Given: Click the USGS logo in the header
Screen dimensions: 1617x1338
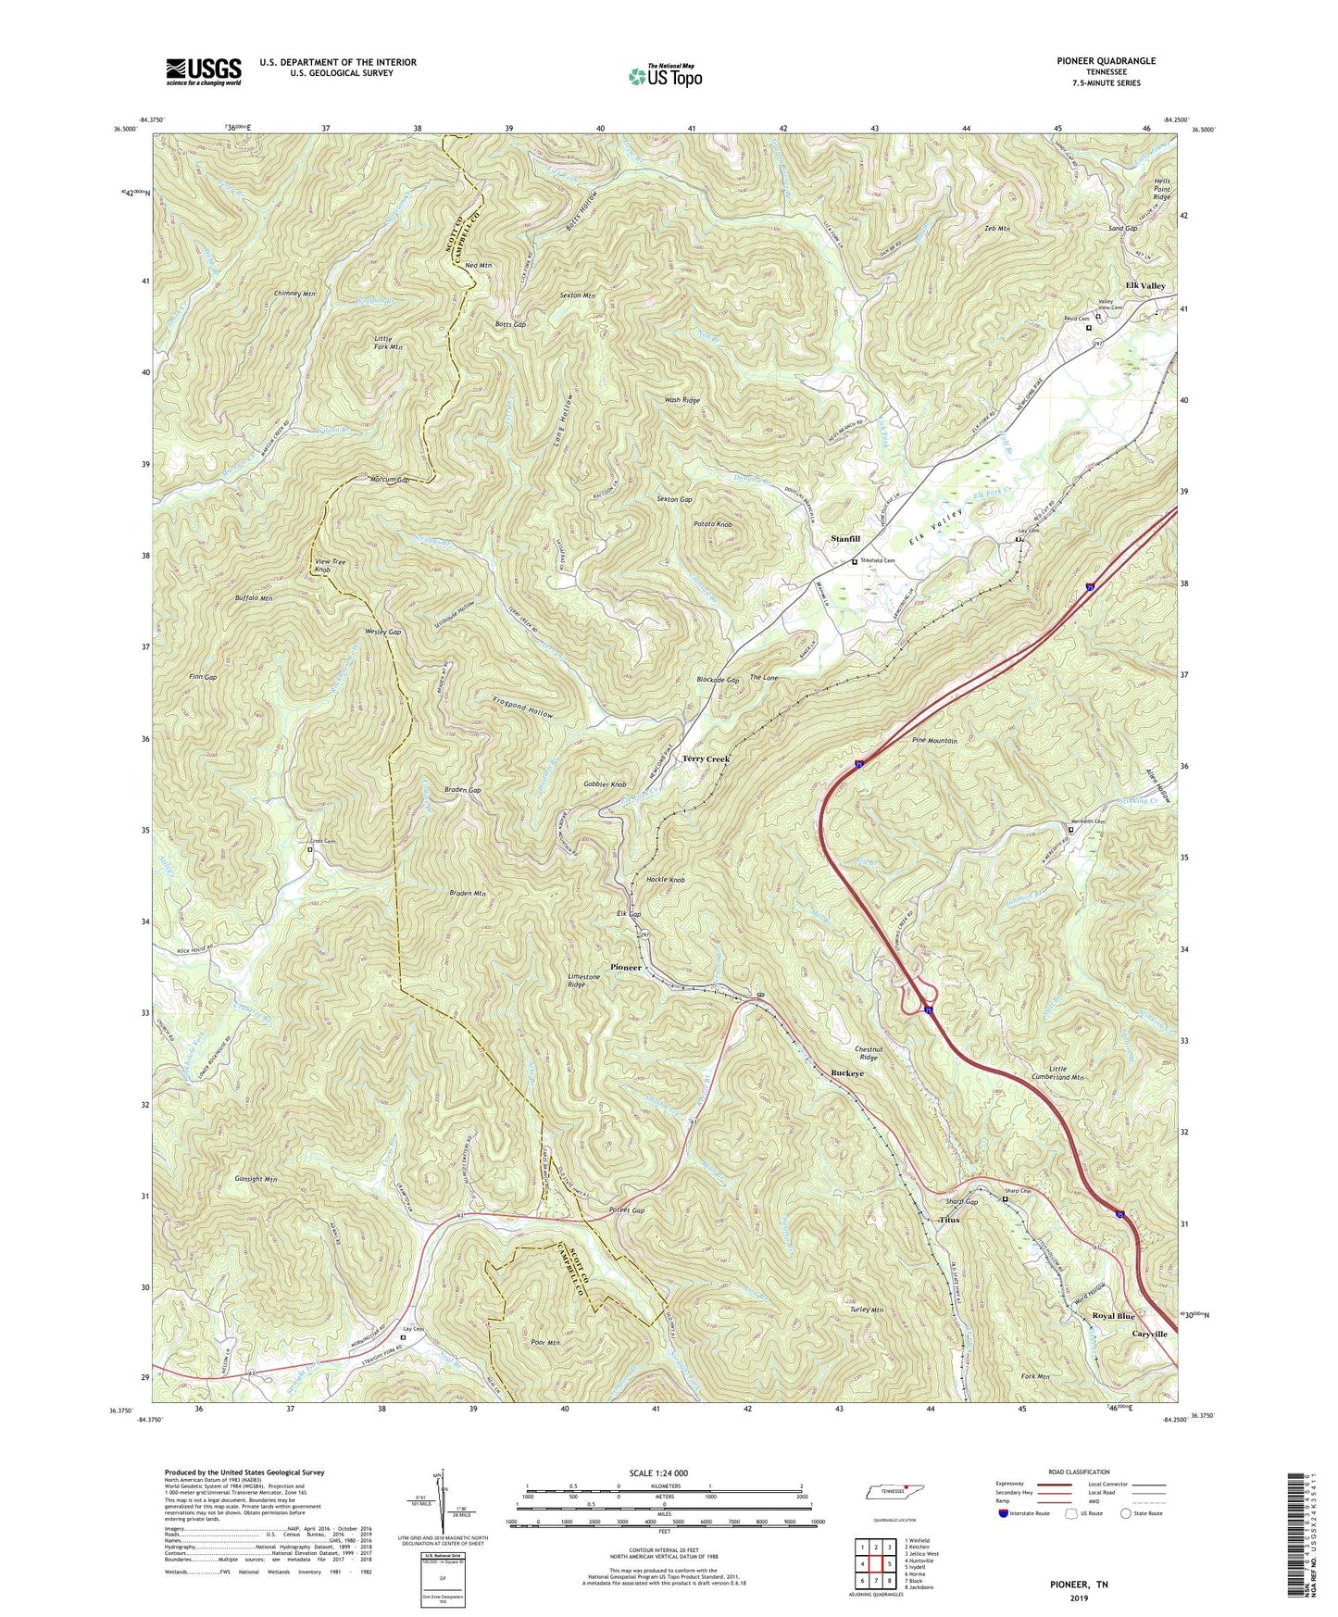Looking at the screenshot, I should click(x=204, y=71).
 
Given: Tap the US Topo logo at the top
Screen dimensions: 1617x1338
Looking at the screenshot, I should click(x=664, y=76).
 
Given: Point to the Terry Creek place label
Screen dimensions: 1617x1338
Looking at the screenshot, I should click(x=706, y=759).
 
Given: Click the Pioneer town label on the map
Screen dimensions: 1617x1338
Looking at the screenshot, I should click(x=626, y=967).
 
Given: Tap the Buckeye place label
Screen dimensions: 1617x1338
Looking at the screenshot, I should click(x=847, y=1072).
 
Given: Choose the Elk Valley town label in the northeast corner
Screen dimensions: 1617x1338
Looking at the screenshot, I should click(x=1144, y=286).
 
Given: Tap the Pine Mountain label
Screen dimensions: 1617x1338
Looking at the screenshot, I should click(x=934, y=741).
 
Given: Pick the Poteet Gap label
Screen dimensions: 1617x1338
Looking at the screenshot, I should click(x=627, y=1210).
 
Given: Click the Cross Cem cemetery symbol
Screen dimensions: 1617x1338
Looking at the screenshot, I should click(x=310, y=849).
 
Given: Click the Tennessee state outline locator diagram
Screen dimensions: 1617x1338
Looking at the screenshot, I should click(x=888, y=1494).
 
